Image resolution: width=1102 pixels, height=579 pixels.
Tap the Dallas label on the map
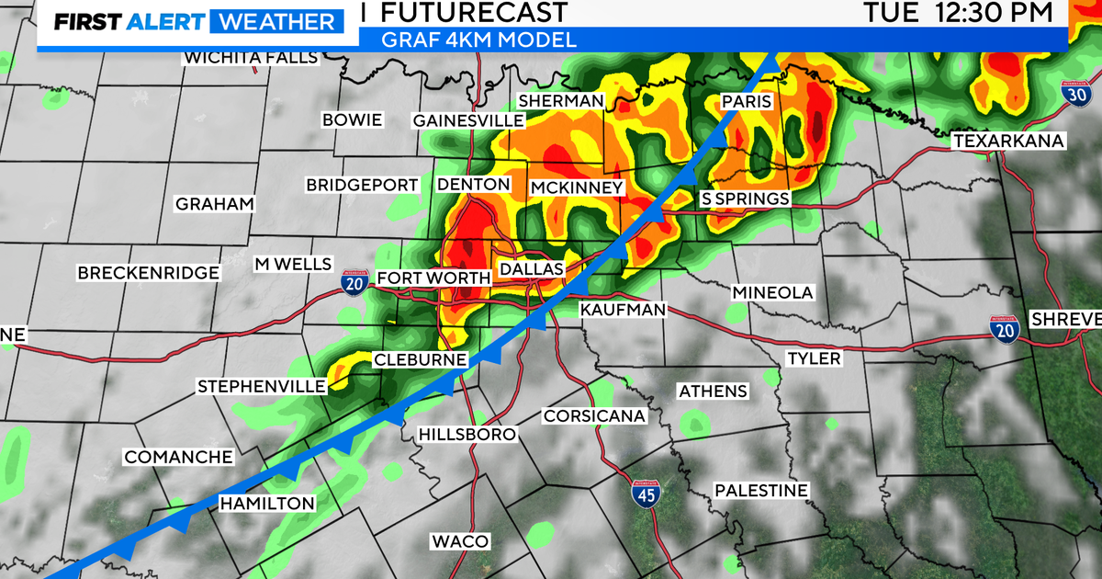[x=530, y=268]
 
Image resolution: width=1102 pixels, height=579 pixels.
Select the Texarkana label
[x=1007, y=141]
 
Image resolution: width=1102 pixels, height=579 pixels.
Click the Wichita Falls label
[x=251, y=58]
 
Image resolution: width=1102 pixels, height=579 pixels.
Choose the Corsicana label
[x=594, y=415]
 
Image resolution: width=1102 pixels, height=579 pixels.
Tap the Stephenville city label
[x=262, y=387]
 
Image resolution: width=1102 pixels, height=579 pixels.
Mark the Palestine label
[x=761, y=491]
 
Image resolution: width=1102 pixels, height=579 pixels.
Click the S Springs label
[x=745, y=199]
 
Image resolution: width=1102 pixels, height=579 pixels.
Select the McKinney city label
[x=578, y=187]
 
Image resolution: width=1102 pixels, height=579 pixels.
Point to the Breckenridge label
[x=149, y=272]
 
